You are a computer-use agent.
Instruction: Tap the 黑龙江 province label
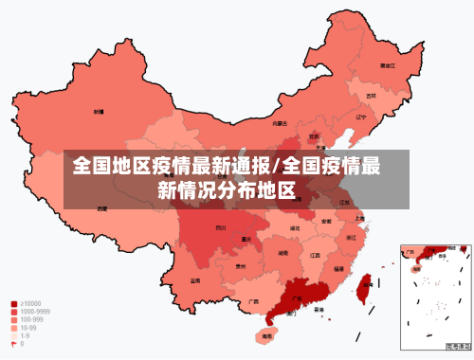point(387,65)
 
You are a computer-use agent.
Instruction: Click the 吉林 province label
point(372,95)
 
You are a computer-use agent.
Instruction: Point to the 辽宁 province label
point(360,117)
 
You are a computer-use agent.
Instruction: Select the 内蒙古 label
point(280,122)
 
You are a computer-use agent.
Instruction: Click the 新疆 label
point(99,111)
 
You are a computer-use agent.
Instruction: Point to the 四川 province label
point(221,227)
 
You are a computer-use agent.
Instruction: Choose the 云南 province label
point(195,280)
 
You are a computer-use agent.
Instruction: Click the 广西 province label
point(253,301)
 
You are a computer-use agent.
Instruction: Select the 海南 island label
point(267,335)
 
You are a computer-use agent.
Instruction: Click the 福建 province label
point(338,269)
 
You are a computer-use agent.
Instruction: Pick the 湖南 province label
point(283,254)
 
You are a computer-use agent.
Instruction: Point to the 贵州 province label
point(241,267)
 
